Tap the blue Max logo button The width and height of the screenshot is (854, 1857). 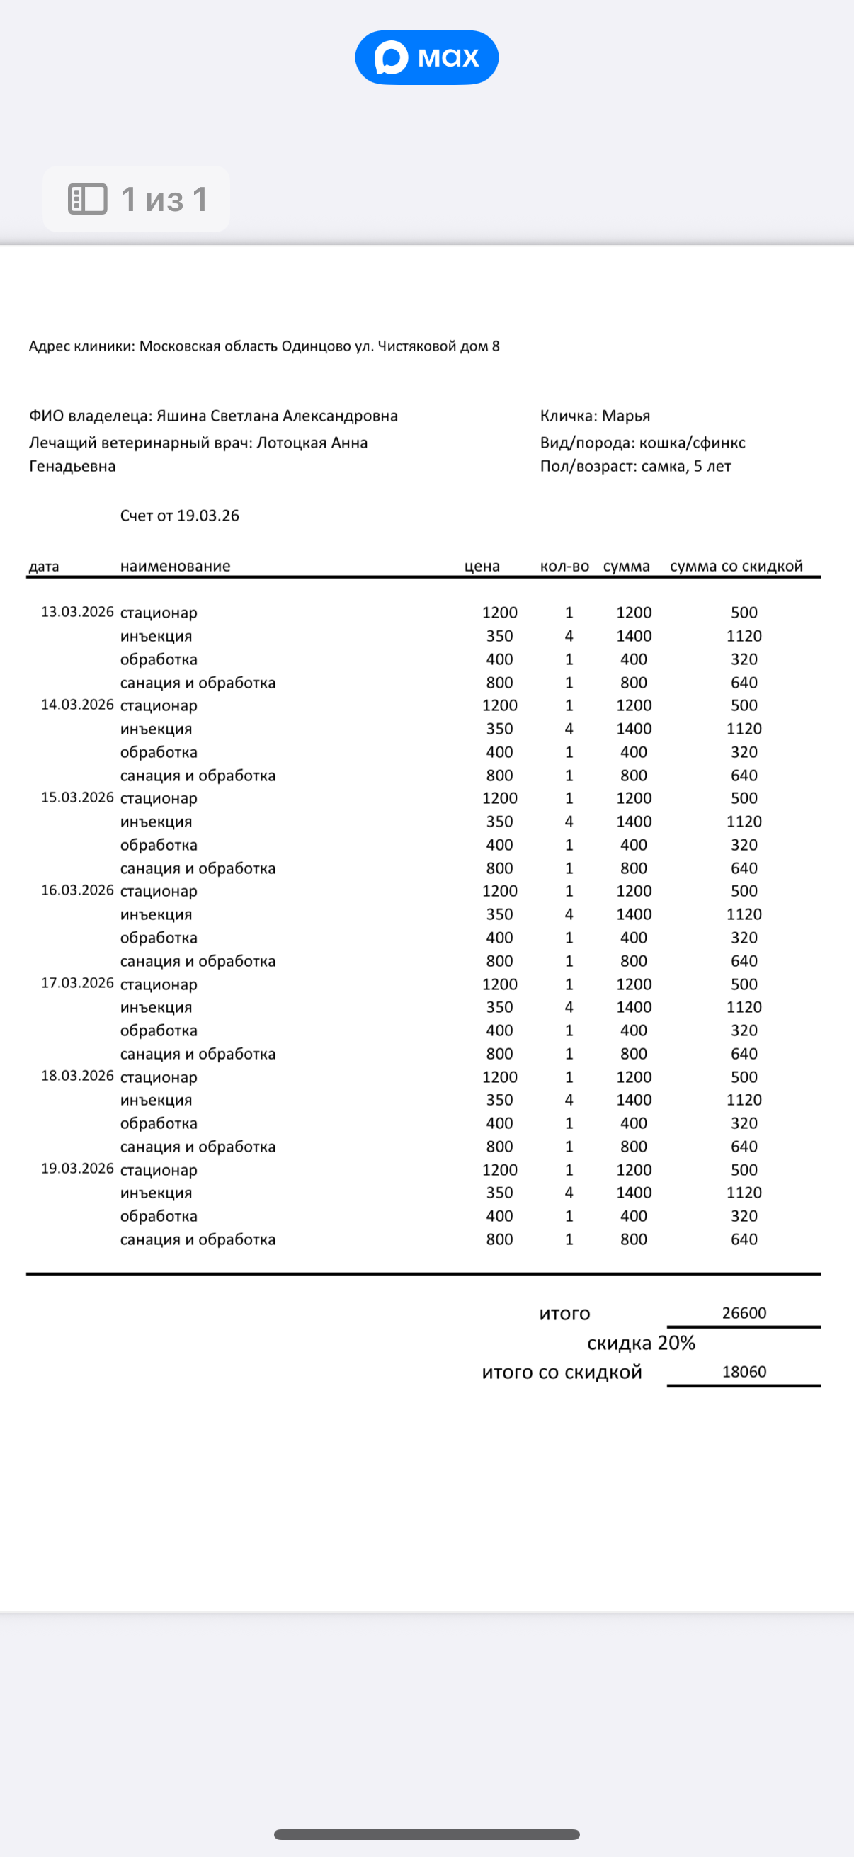click(x=426, y=57)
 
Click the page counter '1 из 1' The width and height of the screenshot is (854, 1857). click(x=164, y=199)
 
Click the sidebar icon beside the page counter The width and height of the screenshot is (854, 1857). click(x=87, y=199)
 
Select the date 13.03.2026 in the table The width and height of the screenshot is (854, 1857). click(x=77, y=612)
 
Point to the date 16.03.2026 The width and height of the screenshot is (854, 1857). click(x=77, y=890)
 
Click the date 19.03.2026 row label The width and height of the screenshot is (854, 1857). click(x=77, y=1169)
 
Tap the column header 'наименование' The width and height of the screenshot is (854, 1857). click(x=175, y=566)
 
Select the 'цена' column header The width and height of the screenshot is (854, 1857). click(x=482, y=566)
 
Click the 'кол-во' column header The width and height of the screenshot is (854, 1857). click(x=564, y=566)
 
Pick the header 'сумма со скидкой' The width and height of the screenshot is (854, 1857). click(x=736, y=566)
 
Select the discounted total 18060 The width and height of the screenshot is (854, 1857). click(x=744, y=1372)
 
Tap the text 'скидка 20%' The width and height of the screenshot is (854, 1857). click(x=641, y=1343)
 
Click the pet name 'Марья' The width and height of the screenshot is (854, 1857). click(x=625, y=416)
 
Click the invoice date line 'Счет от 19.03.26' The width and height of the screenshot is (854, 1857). click(x=179, y=516)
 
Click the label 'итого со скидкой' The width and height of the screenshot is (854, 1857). click(x=562, y=1372)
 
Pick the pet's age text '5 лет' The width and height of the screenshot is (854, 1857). click(x=712, y=467)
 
